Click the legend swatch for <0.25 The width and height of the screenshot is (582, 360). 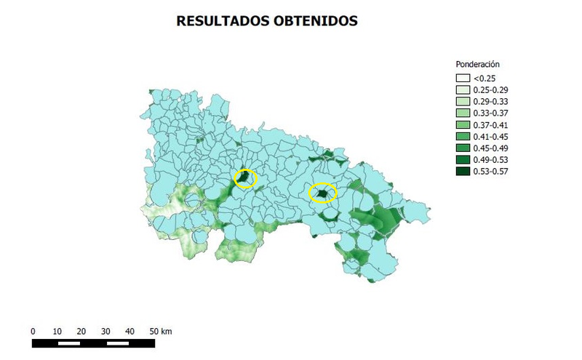click(463, 78)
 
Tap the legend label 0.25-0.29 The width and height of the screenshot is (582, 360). click(491, 89)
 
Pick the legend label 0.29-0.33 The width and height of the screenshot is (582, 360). click(491, 101)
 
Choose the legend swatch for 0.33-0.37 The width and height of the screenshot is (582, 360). click(463, 113)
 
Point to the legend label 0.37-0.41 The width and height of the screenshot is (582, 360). click(491, 124)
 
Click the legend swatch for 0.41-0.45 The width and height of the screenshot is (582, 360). click(463, 136)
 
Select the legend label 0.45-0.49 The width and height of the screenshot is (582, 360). click(491, 148)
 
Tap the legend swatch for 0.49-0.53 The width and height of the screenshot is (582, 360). click(463, 159)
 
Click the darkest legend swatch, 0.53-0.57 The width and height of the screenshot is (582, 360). click(463, 171)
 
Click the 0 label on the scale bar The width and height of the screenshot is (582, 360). click(33, 331)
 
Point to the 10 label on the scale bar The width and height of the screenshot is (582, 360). click(57, 331)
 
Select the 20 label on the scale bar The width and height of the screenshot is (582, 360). click(81, 331)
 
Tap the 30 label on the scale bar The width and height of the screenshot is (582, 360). click(105, 331)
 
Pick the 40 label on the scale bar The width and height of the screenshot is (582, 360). click(129, 331)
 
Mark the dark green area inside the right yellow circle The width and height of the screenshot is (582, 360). click(322, 193)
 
